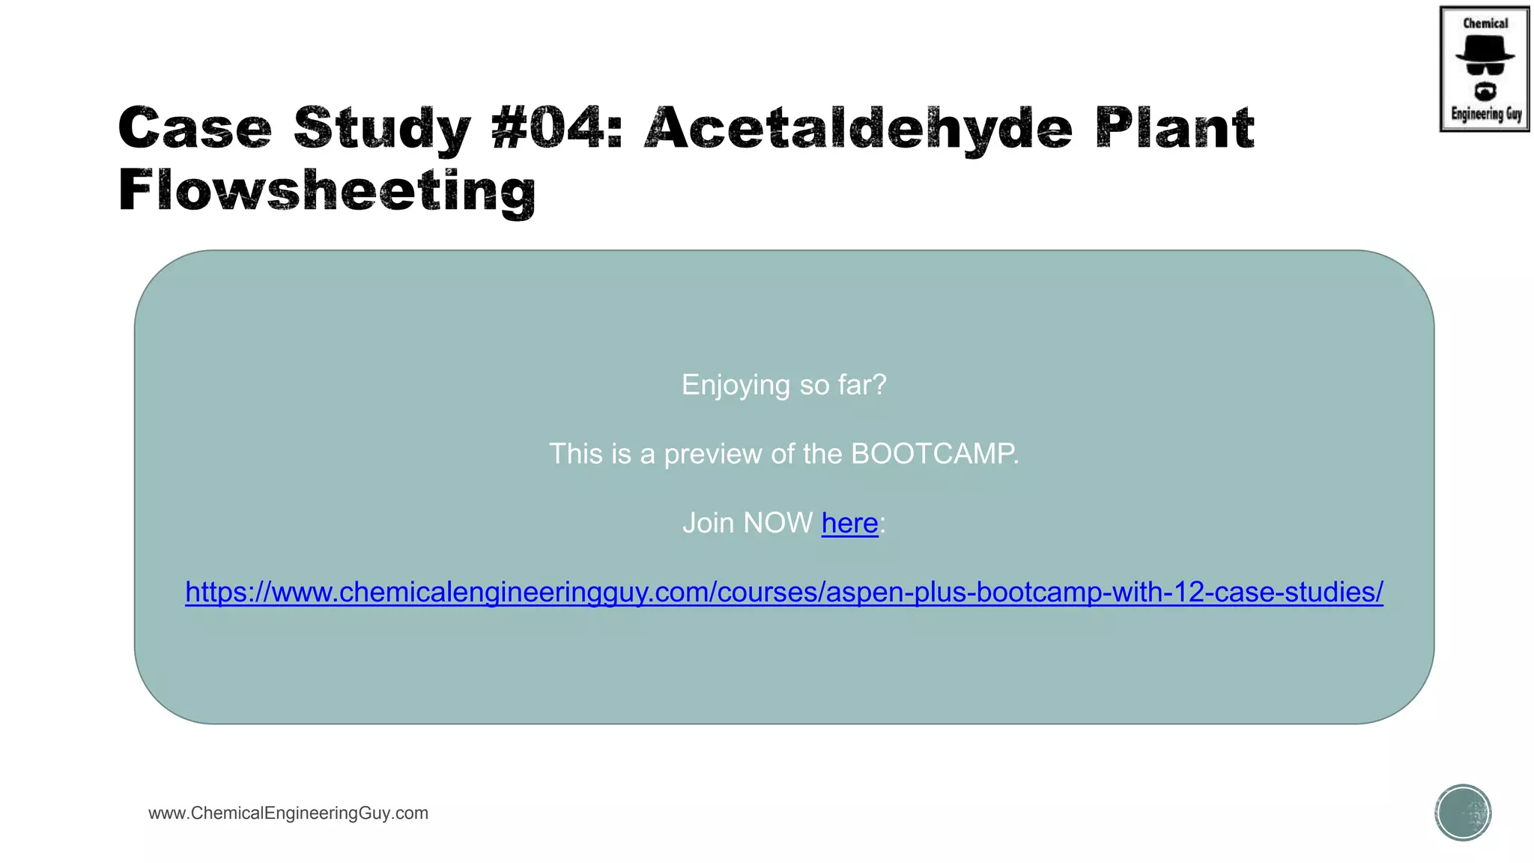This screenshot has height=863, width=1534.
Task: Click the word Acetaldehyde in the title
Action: coord(858,128)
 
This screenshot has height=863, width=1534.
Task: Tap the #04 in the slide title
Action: coord(557,128)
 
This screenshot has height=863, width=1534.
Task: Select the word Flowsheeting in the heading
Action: coord(327,191)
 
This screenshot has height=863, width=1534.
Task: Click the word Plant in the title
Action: coord(1174,128)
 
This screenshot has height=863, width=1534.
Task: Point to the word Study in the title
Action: coord(382,130)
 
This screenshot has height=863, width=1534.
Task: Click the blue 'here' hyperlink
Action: coord(849,523)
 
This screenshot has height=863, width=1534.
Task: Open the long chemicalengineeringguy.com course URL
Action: coord(784,592)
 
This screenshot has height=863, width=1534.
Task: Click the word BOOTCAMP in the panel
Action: coord(934,454)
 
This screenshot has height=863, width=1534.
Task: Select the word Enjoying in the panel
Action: coord(736,386)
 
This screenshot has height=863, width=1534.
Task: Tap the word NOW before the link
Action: coord(777,523)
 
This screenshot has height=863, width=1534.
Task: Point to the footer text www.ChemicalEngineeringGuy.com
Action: coord(288,814)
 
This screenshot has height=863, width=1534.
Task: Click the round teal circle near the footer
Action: coord(1463,813)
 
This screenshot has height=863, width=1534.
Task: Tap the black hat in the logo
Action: coord(1485,49)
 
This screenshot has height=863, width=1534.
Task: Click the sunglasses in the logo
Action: coord(1485,69)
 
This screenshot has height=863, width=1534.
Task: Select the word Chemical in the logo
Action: coord(1485,23)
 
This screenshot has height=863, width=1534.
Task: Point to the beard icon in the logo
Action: coord(1485,91)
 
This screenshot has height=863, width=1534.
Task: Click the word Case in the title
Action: coord(195,128)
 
